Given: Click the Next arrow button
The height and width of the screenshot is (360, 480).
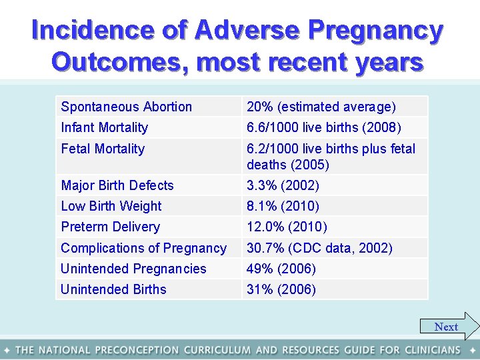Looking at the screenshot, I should point(449,327).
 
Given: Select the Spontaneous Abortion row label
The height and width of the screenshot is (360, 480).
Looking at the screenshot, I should point(126,107).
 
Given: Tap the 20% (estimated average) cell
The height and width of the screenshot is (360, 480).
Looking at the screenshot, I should point(321,107).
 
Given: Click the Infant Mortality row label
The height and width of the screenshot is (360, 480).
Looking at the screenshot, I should point(105,127).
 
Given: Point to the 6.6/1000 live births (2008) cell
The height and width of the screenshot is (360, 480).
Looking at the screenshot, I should point(323,127).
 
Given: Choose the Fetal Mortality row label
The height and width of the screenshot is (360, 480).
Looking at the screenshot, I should point(103,149).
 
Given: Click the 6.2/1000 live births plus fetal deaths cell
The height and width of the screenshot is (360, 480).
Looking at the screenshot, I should point(331,157).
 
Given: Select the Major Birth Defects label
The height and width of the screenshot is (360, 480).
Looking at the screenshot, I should point(117,185).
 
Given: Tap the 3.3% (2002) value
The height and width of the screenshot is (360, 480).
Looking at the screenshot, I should point(283,185).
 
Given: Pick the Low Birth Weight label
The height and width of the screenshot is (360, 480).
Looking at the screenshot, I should point(111,206).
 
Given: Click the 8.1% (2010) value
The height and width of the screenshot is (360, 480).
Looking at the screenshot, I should point(283,206).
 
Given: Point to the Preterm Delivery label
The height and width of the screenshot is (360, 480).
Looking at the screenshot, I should point(111,227).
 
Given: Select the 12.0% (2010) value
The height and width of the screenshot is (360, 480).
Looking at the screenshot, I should point(287,227).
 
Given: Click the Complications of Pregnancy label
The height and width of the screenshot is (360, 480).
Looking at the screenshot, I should point(144,248).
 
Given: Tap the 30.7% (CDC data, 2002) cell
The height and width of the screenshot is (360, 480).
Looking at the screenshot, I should point(319,248).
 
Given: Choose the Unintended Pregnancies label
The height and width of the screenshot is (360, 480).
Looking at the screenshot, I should point(133,269).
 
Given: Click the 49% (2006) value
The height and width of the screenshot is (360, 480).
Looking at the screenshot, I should point(281,269).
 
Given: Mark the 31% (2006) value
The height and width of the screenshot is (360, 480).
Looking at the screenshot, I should point(281,289).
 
